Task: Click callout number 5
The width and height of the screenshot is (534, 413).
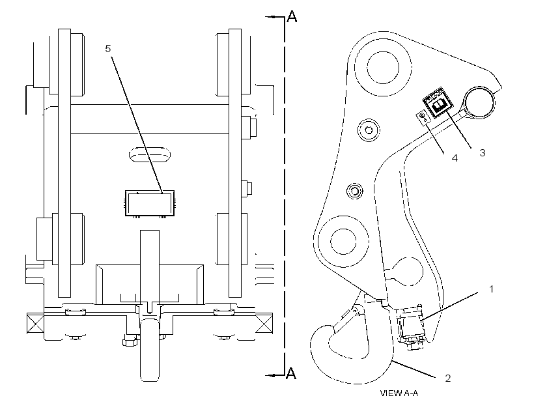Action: click(x=108, y=49)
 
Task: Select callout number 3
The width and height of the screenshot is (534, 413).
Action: click(x=482, y=152)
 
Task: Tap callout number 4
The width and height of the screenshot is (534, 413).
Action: click(x=455, y=158)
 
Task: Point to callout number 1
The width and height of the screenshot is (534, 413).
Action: click(x=491, y=289)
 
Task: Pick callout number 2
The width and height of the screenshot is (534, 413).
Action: click(x=448, y=378)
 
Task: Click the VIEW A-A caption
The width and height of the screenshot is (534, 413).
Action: click(x=399, y=393)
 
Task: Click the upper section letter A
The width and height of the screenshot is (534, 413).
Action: click(x=292, y=16)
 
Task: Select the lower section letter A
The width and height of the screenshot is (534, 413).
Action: click(x=291, y=373)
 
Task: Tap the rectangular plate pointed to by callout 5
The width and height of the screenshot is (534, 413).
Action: click(x=150, y=203)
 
